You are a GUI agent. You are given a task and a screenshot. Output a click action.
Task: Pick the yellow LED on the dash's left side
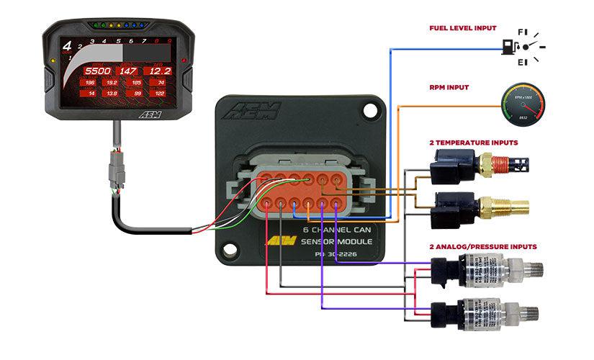tap(55, 60)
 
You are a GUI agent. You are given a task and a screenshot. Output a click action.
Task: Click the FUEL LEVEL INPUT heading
tap(462, 28)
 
